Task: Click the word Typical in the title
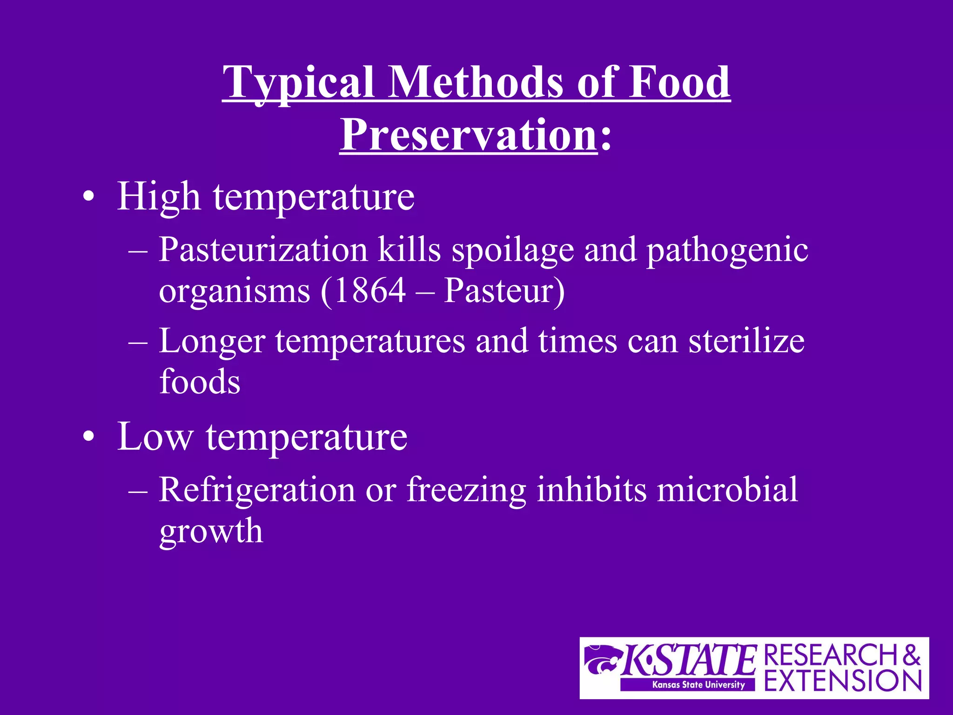[x=298, y=83]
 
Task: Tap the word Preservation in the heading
[x=468, y=135]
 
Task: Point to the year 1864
[x=370, y=291]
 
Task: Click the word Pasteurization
[x=263, y=250]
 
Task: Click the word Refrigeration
[x=256, y=490]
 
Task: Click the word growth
[x=211, y=532]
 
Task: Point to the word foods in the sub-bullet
[x=200, y=382]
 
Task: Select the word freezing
[x=466, y=490]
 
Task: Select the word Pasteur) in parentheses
[x=504, y=291]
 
